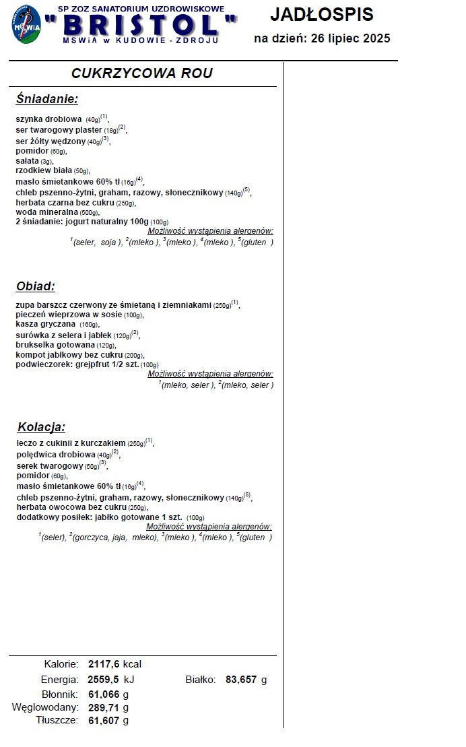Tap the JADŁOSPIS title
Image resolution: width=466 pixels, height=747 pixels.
[x=321, y=14]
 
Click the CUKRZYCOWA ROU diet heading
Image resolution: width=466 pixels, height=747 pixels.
[x=141, y=73]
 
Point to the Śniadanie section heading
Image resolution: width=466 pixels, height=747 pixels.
[x=47, y=100]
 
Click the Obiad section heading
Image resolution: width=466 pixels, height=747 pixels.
[x=35, y=286]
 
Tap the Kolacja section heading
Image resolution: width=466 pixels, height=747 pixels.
[x=41, y=427]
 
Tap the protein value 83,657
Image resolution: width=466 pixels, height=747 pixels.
[x=241, y=680]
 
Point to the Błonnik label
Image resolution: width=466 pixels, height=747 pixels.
[x=60, y=694]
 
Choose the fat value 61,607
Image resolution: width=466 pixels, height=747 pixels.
[x=104, y=721]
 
